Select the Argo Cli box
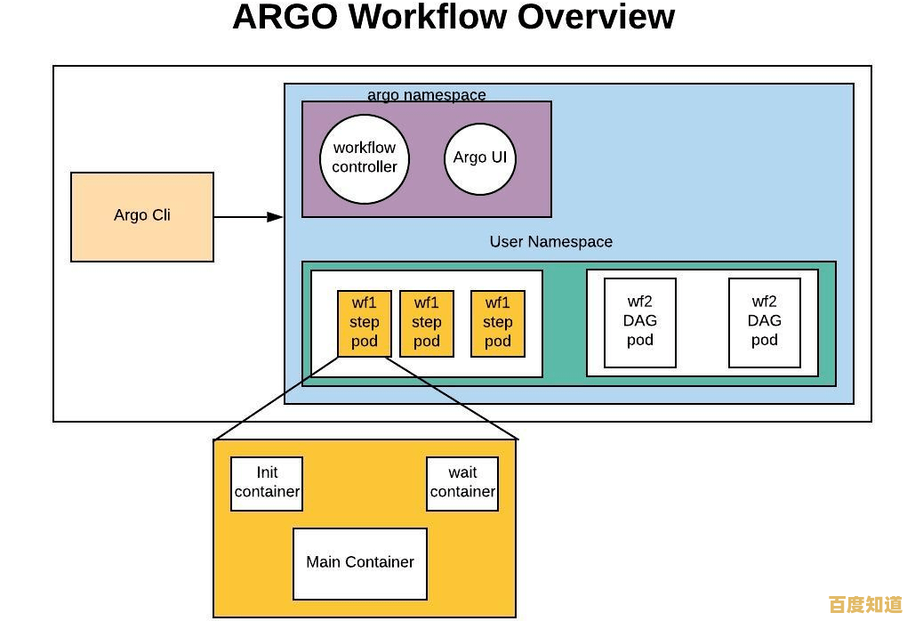pyautogui.click(x=142, y=216)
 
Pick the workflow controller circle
pyautogui.click(x=365, y=158)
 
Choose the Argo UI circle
pyautogui.click(x=480, y=158)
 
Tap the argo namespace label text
pyautogui.click(x=427, y=95)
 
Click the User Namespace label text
pyautogui.click(x=550, y=242)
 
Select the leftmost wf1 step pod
pyautogui.click(x=365, y=323)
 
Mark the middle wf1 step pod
pyautogui.click(x=427, y=323)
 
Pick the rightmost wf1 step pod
pyautogui.click(x=498, y=323)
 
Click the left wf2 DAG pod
pyautogui.click(x=640, y=322)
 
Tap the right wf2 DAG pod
pyautogui.click(x=765, y=322)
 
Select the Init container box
pyautogui.click(x=267, y=483)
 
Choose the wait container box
pyautogui.click(x=462, y=483)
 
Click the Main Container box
pyautogui.click(x=360, y=563)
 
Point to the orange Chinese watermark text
pyautogui.click(x=865, y=605)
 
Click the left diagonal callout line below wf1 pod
pyautogui.click(x=277, y=399)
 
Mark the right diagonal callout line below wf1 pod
pyautogui.click(x=453, y=398)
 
